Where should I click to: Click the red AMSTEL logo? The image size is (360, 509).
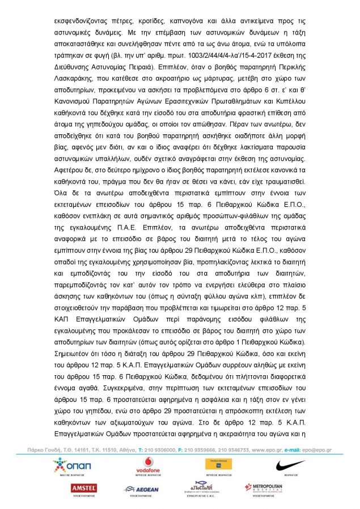[83, 487]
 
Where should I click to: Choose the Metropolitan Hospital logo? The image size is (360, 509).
[265, 487]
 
